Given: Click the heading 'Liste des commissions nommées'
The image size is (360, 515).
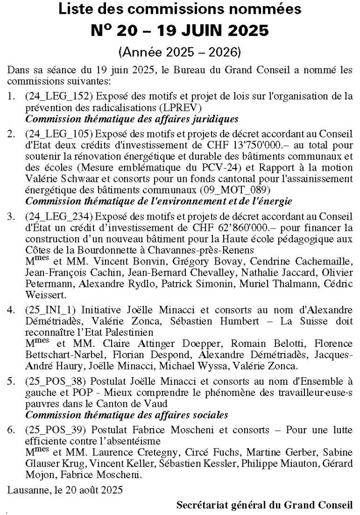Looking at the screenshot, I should click(x=180, y=9).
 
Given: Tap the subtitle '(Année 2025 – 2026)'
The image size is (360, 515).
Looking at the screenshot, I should click(x=180, y=51).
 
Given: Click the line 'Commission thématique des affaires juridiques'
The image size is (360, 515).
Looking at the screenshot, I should click(x=131, y=119).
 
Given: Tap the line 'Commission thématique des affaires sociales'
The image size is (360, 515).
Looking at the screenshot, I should click(x=126, y=415).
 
